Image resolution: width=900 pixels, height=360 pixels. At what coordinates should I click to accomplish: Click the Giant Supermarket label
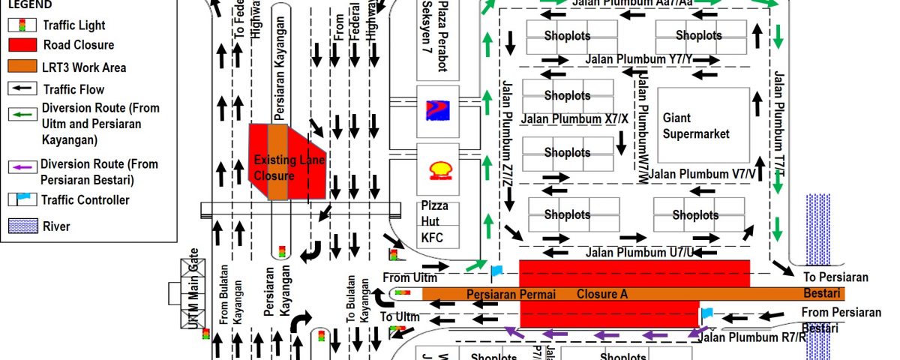pos(696,126)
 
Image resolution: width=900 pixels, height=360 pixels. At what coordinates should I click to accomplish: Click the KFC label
pos(433,238)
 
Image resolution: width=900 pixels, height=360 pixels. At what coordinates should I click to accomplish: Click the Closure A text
pos(601,295)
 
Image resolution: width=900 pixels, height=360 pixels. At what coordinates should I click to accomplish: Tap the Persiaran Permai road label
pos(511,295)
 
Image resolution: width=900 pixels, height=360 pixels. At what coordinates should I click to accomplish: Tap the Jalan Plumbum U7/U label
pos(628,251)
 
